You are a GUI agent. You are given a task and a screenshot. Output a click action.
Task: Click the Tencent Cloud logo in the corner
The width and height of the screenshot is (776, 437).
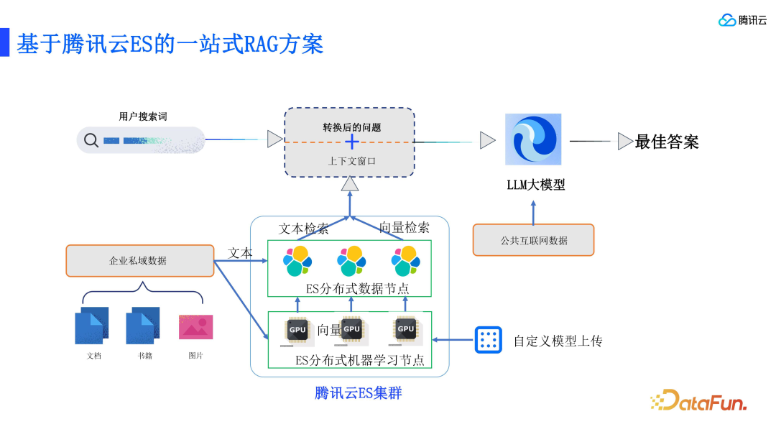(x=743, y=20)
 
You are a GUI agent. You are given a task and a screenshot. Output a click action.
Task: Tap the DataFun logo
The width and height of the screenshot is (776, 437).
(x=698, y=401)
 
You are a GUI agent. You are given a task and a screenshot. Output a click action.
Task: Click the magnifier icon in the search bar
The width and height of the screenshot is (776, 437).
(x=91, y=140)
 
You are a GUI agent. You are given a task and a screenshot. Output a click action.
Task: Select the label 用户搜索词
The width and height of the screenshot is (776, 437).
(x=143, y=116)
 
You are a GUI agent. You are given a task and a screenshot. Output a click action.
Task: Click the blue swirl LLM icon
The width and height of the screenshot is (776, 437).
(x=532, y=139)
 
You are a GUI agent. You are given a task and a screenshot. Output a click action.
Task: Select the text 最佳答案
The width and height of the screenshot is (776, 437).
(x=667, y=142)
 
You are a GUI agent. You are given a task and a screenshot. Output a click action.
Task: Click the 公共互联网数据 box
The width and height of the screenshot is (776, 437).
(x=533, y=240)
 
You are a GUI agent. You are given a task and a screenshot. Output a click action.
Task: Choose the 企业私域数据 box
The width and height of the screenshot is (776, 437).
(x=140, y=261)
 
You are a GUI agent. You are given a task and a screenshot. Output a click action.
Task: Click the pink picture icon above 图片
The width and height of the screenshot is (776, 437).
(x=194, y=326)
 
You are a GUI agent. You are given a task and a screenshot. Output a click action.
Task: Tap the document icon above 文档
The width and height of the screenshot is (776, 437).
(x=92, y=326)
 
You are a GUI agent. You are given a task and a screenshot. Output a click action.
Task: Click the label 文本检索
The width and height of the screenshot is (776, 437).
(x=303, y=229)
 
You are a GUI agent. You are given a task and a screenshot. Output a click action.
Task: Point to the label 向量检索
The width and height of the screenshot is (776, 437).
(x=405, y=228)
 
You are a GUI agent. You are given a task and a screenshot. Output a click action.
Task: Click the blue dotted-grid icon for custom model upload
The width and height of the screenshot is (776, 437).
(x=488, y=340)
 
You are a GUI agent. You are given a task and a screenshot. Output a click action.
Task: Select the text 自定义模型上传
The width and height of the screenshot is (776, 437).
(x=558, y=341)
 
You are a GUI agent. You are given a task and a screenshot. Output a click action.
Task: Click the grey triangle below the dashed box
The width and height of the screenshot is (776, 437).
(x=350, y=185)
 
